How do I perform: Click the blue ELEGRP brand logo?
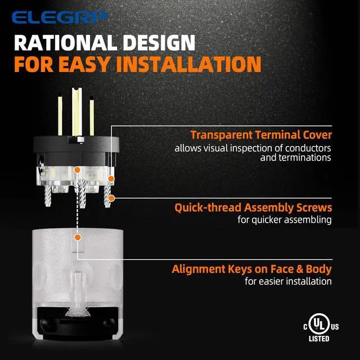(60, 17)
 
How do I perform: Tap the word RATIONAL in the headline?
(66, 43)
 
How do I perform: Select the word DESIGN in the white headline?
(159, 43)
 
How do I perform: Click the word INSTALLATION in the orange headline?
(189, 64)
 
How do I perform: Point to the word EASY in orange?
(84, 64)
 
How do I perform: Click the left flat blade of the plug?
(60, 116)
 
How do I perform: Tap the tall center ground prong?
(76, 112)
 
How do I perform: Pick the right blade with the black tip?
(92, 116)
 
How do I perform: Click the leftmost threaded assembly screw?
(47, 196)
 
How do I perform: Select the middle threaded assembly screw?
(82, 193)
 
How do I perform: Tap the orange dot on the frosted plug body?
(78, 237)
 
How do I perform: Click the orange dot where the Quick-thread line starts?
(111, 198)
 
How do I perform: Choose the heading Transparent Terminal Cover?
(261, 135)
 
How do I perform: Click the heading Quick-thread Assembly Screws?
(253, 208)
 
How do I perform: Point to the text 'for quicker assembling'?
(285, 220)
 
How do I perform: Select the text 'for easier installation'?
(288, 281)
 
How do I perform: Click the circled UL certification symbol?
(319, 324)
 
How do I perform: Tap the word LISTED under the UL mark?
(319, 339)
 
